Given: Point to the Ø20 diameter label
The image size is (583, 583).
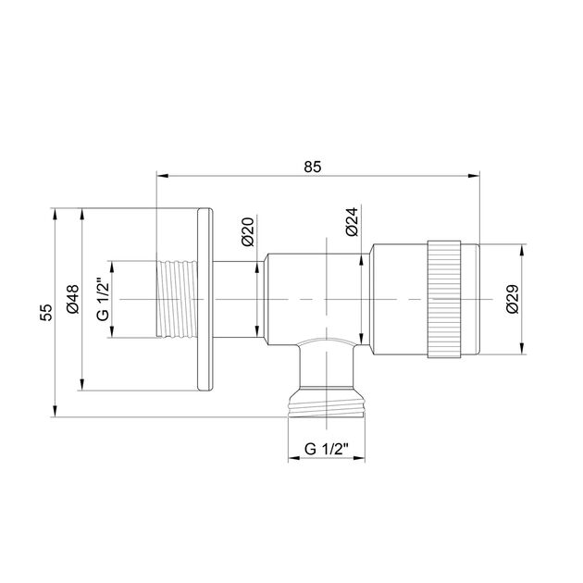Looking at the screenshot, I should [247, 230].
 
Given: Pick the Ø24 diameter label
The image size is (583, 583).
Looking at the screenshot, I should [352, 223].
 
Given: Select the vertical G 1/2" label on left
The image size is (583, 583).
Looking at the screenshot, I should [103, 301].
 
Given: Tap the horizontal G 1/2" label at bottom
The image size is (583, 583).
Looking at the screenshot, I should [326, 449].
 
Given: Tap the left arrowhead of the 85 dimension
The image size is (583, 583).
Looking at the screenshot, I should [162, 175].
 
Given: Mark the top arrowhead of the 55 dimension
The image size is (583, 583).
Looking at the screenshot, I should [57, 214].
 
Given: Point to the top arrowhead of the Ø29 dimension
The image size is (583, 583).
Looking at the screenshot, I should [525, 249].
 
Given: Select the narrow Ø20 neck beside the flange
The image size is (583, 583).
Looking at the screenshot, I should [235, 300].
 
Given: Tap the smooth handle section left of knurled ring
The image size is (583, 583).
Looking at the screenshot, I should [398, 300].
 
